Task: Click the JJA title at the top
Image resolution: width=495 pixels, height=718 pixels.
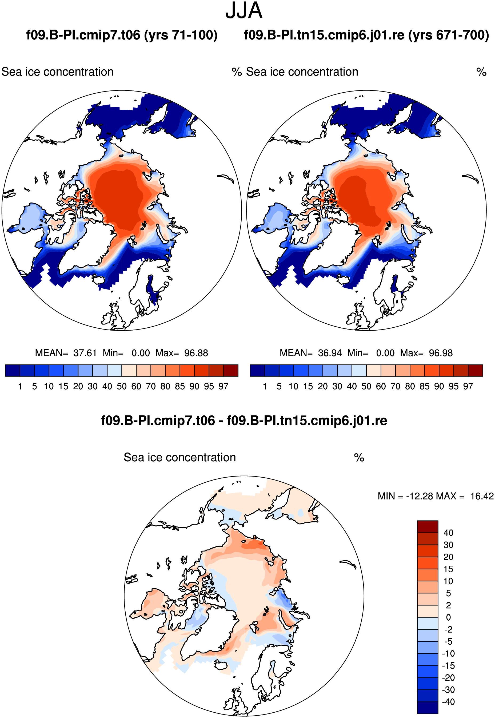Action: pyautogui.click(x=244, y=11)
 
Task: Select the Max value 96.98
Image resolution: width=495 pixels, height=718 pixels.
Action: pyautogui.click(x=441, y=353)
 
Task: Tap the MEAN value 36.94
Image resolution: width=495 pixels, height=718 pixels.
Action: pyautogui.click(x=330, y=353)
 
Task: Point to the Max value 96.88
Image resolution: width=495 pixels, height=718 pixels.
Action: pyautogui.click(x=196, y=353)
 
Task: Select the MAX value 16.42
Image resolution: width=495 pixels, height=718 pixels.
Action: pyautogui.click(x=482, y=496)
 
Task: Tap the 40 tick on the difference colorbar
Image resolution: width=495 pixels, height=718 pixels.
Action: pyautogui.click(x=448, y=533)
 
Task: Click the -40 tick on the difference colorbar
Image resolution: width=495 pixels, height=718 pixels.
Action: pyautogui.click(x=448, y=702)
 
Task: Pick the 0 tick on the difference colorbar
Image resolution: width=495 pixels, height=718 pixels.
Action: pyautogui.click(x=448, y=617)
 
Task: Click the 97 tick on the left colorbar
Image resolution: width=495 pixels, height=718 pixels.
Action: pyautogui.click(x=223, y=386)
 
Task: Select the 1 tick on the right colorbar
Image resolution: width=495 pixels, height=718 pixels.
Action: pyautogui.click(x=265, y=386)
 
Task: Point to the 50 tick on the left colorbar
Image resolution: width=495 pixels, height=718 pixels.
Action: pyautogui.click(x=122, y=386)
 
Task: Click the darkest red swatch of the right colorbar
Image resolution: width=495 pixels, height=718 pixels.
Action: pyautogui.click(x=476, y=371)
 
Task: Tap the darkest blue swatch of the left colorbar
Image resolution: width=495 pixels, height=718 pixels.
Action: pyautogui.click(x=13, y=371)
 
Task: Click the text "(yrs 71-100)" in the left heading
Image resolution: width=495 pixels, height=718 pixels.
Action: pyautogui.click(x=181, y=35)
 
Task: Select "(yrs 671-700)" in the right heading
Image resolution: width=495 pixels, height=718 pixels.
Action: pyautogui.click(x=449, y=35)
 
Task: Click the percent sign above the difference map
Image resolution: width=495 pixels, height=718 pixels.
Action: pyautogui.click(x=359, y=457)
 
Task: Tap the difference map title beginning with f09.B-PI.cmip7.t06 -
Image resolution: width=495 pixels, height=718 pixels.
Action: pyautogui.click(x=244, y=421)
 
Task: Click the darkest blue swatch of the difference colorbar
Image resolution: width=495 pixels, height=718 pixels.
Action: pyautogui.click(x=427, y=708)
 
